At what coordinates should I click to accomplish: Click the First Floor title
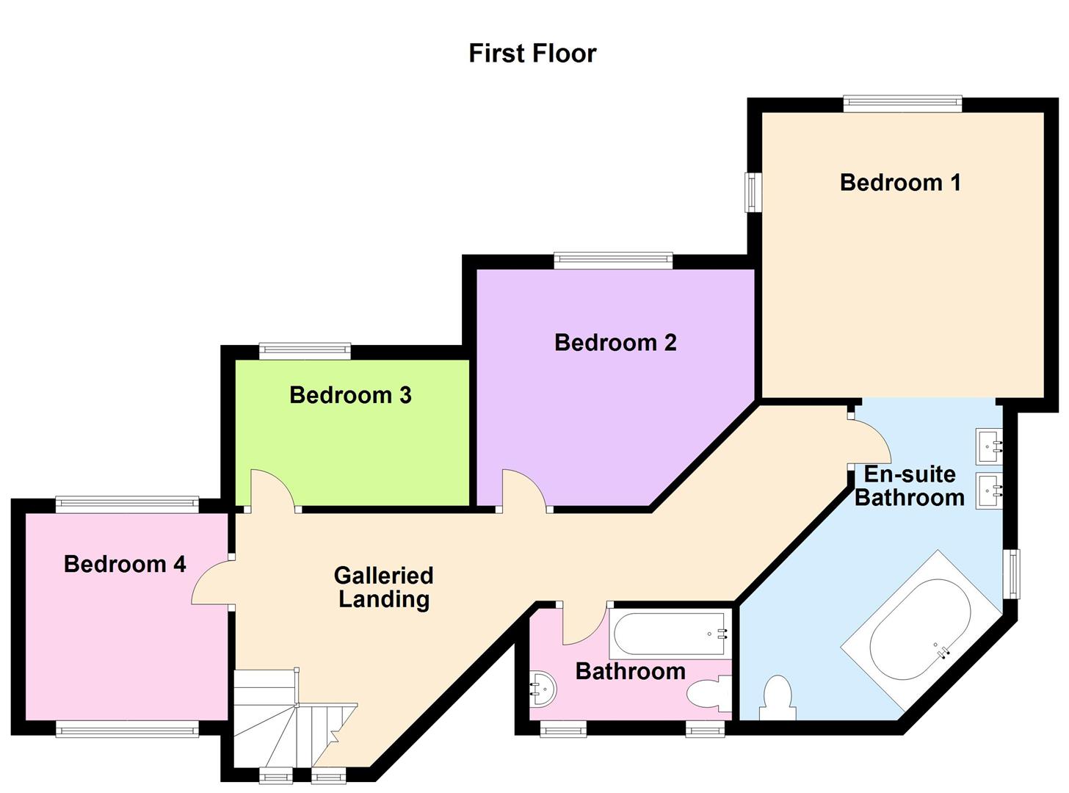[532, 54]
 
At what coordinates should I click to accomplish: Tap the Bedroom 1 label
[900, 182]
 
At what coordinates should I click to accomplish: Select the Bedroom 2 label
[615, 342]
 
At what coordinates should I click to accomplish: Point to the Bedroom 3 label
[350, 395]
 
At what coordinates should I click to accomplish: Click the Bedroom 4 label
[125, 564]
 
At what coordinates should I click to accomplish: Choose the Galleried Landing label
[383, 587]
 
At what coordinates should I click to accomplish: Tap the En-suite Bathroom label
[909, 485]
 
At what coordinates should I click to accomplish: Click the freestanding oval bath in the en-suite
[920, 631]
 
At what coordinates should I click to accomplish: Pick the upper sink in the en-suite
[989, 446]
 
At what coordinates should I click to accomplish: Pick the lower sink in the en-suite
[989, 490]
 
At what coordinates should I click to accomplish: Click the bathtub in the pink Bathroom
[670, 634]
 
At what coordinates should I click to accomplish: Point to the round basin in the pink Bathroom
[543, 689]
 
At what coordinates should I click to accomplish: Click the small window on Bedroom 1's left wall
[753, 192]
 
